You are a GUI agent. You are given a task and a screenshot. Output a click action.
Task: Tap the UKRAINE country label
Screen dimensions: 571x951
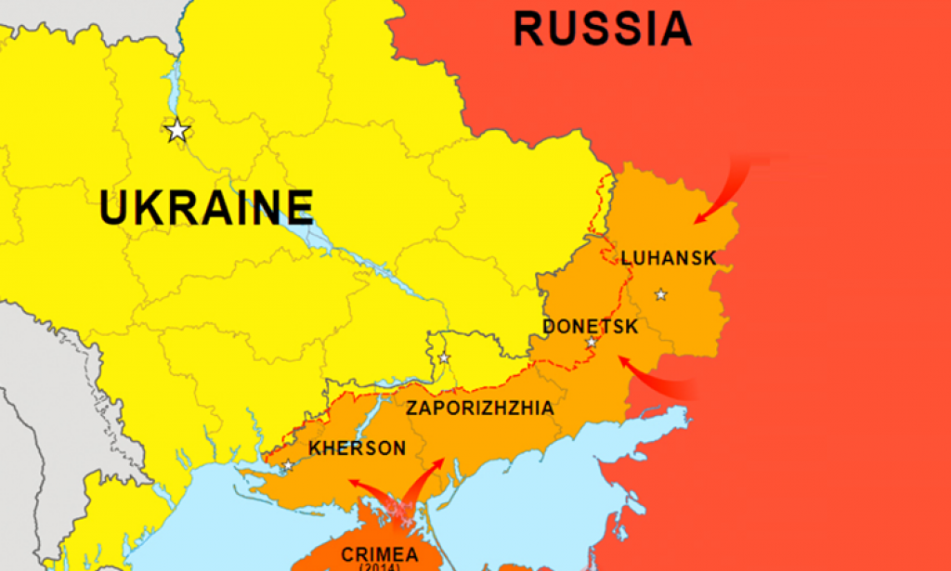click(x=206, y=208)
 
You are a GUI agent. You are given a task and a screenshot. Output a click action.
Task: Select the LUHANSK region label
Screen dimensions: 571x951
click(x=669, y=258)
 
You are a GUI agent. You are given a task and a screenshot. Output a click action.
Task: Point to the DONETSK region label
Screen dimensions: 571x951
click(x=590, y=327)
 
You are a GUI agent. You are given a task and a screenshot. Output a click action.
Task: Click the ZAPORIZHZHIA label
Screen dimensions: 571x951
click(x=479, y=409)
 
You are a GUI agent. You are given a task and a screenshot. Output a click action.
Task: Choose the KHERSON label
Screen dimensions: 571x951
click(x=358, y=449)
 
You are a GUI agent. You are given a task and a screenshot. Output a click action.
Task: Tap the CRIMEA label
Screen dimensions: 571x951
click(x=379, y=554)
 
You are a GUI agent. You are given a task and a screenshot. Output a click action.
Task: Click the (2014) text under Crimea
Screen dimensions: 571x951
click(x=379, y=566)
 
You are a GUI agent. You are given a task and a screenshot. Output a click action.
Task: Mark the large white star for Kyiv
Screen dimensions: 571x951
click(x=177, y=131)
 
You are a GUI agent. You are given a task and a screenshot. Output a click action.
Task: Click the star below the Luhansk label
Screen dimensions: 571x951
click(x=660, y=294)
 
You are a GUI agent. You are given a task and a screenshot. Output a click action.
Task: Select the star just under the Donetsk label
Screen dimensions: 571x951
click(x=591, y=343)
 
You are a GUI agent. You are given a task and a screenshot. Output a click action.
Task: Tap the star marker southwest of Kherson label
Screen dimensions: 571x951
click(x=289, y=465)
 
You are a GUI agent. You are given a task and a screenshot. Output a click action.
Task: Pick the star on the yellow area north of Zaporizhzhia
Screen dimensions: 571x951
click(x=444, y=357)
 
